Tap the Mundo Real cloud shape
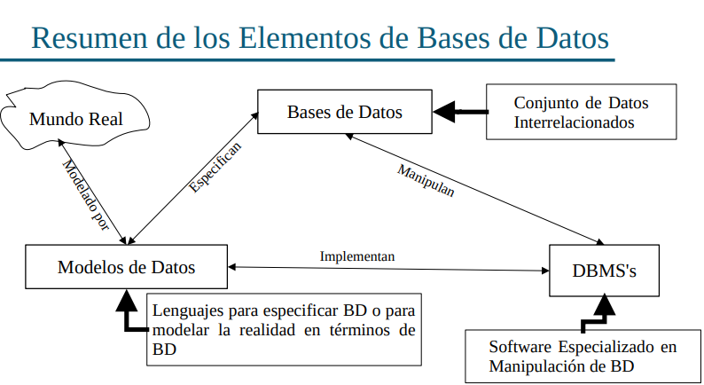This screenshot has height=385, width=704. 75,119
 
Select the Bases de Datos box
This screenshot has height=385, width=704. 344,112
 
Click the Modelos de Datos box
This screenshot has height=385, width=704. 126,267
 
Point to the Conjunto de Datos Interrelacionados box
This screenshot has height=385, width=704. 581,112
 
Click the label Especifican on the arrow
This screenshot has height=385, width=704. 215,167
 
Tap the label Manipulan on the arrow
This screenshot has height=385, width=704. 426,180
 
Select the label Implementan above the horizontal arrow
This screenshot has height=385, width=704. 356,255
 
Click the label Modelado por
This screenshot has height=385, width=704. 87,196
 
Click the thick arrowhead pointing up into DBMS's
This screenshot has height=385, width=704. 605,307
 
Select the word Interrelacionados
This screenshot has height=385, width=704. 575,122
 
